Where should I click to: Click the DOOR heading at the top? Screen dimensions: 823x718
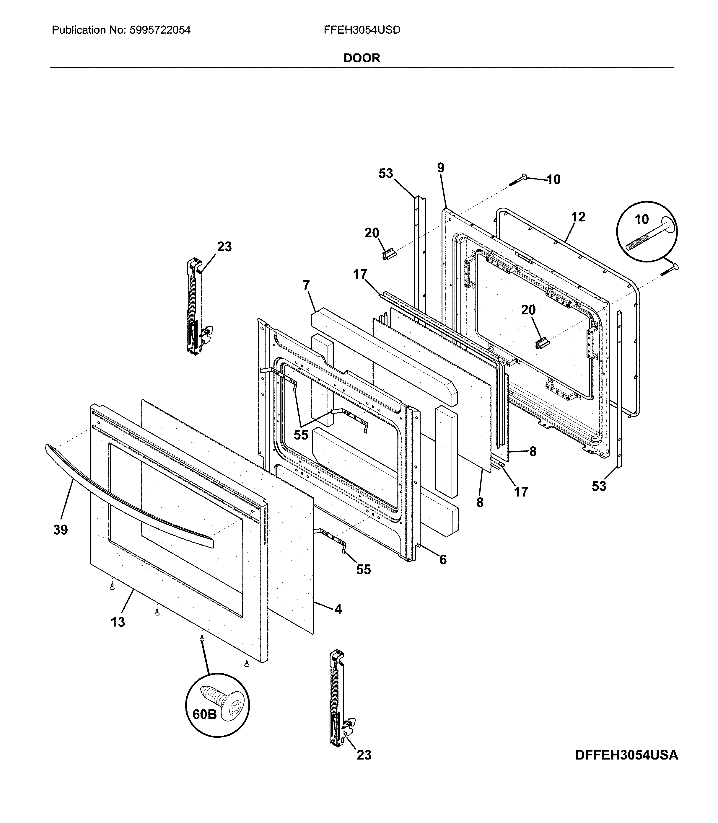[x=362, y=58]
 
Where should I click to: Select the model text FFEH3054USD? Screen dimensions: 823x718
[x=362, y=30]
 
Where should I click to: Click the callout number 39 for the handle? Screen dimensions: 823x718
[x=61, y=530]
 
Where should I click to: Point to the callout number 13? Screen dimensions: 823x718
[x=118, y=622]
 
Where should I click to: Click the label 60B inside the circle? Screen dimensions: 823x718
[x=204, y=714]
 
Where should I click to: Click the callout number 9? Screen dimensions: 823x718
[x=441, y=168]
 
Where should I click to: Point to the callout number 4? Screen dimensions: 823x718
[x=338, y=609]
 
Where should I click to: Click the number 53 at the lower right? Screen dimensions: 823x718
[x=599, y=486]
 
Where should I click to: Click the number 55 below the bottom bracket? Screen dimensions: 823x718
[x=363, y=569]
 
